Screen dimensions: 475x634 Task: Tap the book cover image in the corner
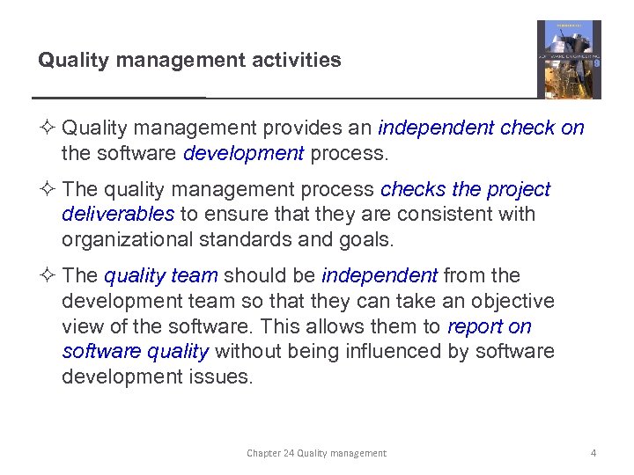coord(569,60)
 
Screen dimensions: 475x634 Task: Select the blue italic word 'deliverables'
coord(118,214)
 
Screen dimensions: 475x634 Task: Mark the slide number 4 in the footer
coord(593,453)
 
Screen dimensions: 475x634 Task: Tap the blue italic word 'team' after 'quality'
coord(195,276)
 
